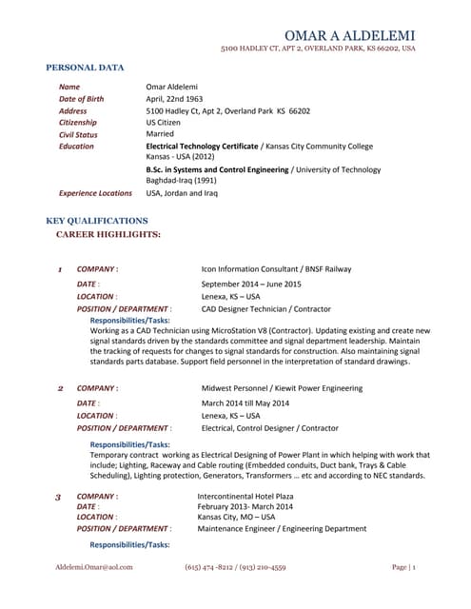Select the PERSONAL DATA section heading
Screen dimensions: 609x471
86,68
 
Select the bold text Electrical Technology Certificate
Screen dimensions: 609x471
203,147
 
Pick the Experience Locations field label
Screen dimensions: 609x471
95,192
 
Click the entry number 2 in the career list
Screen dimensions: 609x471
59,388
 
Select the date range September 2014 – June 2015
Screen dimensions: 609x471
251,284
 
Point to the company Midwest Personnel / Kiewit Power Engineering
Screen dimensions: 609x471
282,388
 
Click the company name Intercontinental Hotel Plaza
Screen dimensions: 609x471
245,497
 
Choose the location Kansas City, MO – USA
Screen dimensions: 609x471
236,518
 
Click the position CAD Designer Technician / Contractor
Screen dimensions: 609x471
265,308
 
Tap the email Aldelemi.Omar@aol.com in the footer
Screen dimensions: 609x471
93,567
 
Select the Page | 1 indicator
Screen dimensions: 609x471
403,567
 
